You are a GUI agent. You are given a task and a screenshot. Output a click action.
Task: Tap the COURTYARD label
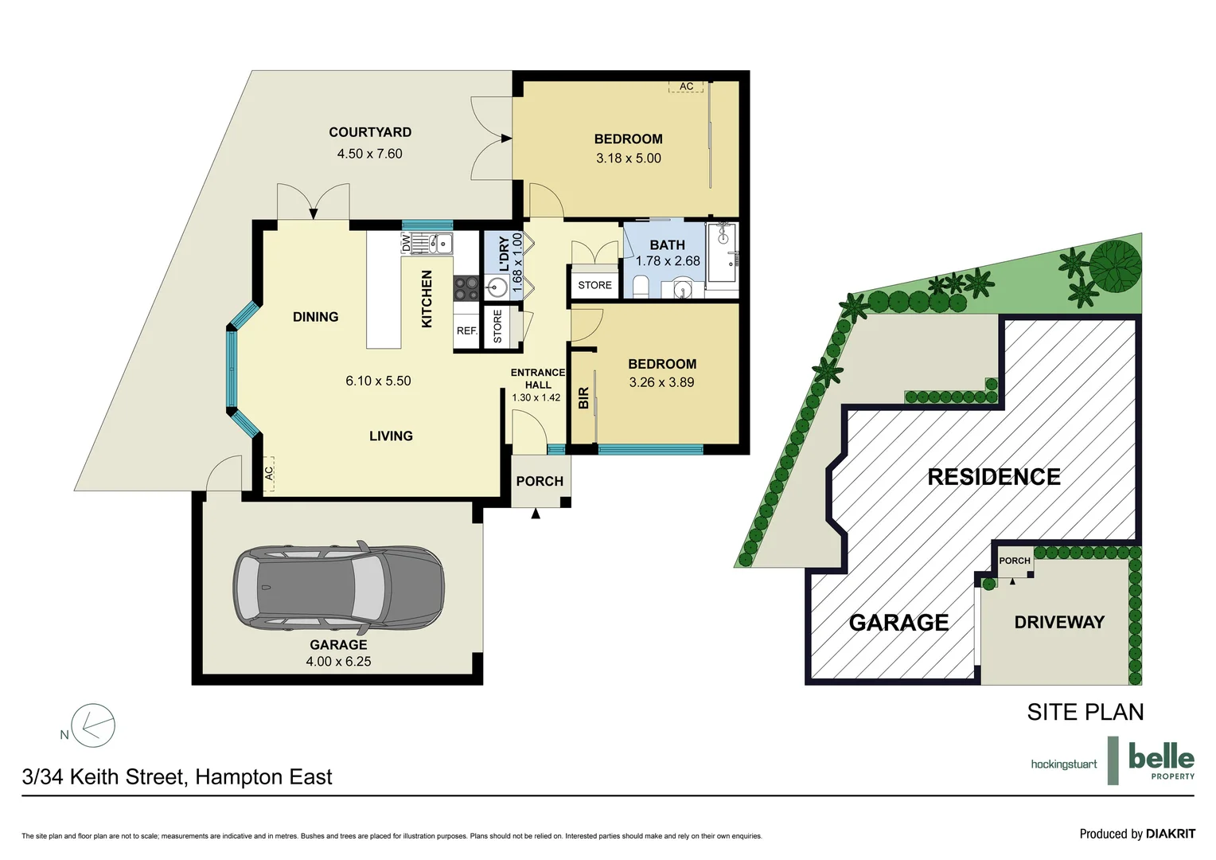click(370, 132)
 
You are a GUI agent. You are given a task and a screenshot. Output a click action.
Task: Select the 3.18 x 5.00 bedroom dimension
click(629, 158)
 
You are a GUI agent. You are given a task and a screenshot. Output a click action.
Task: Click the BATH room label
click(667, 245)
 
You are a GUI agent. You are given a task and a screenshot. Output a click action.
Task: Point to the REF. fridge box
click(467, 330)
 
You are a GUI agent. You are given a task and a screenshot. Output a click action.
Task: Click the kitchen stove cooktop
click(466, 288)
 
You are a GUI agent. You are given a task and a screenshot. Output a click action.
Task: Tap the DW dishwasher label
click(406, 242)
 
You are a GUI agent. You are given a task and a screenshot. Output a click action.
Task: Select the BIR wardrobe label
click(583, 397)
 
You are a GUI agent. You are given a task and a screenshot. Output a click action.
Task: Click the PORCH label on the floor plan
click(540, 481)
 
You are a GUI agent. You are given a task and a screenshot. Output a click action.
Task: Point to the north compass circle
click(93, 725)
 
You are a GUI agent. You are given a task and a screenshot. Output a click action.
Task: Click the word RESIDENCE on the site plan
click(994, 477)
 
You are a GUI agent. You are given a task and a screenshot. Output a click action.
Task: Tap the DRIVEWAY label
click(1060, 622)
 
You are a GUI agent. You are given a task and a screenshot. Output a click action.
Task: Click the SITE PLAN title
click(1085, 712)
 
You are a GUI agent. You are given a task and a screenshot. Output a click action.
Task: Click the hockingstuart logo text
click(1064, 765)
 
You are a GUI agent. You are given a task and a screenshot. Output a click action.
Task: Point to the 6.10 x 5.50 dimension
click(378, 381)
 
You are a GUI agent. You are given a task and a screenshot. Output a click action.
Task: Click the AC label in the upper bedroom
click(686, 86)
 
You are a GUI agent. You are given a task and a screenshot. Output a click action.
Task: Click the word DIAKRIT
click(1171, 834)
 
